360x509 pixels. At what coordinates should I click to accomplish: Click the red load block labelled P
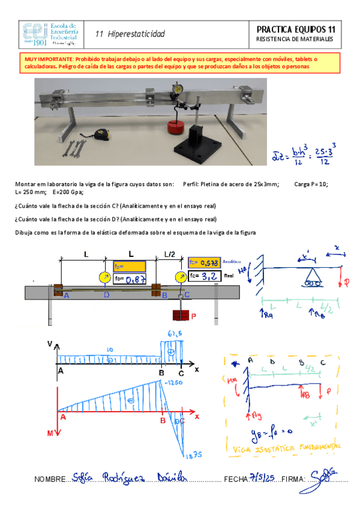click(181, 315)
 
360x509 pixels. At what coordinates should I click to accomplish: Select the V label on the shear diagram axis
click(50, 345)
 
